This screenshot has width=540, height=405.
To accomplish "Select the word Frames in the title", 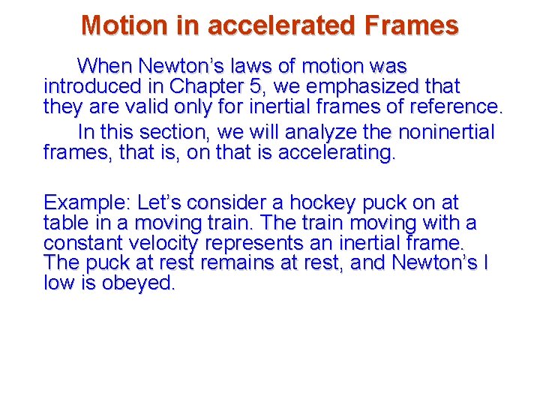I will click(x=411, y=25).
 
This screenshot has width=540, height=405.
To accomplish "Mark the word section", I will click(x=176, y=133).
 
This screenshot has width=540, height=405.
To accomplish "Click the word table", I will click(x=66, y=223).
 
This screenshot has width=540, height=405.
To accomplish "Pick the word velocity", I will click(x=163, y=243).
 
